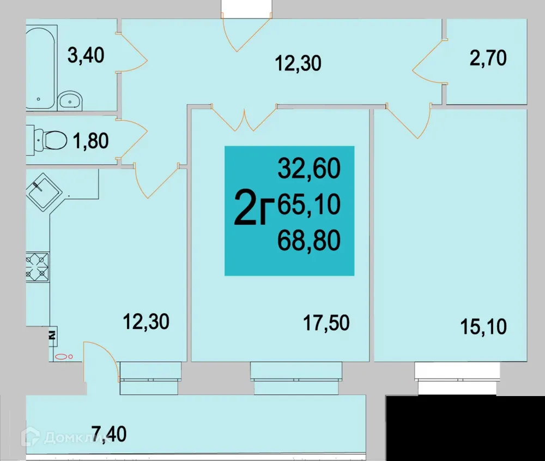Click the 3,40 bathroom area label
pos(85,55)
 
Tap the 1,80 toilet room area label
pos(90,141)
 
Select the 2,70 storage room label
pos(488,58)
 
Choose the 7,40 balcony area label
pos(109,435)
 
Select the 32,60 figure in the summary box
pos(309,169)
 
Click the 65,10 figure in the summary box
pos(309,205)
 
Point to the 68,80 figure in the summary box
pos(309,239)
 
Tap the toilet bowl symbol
pos(51,140)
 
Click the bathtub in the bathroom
pos(40,65)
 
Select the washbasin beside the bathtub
pos(70,100)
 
